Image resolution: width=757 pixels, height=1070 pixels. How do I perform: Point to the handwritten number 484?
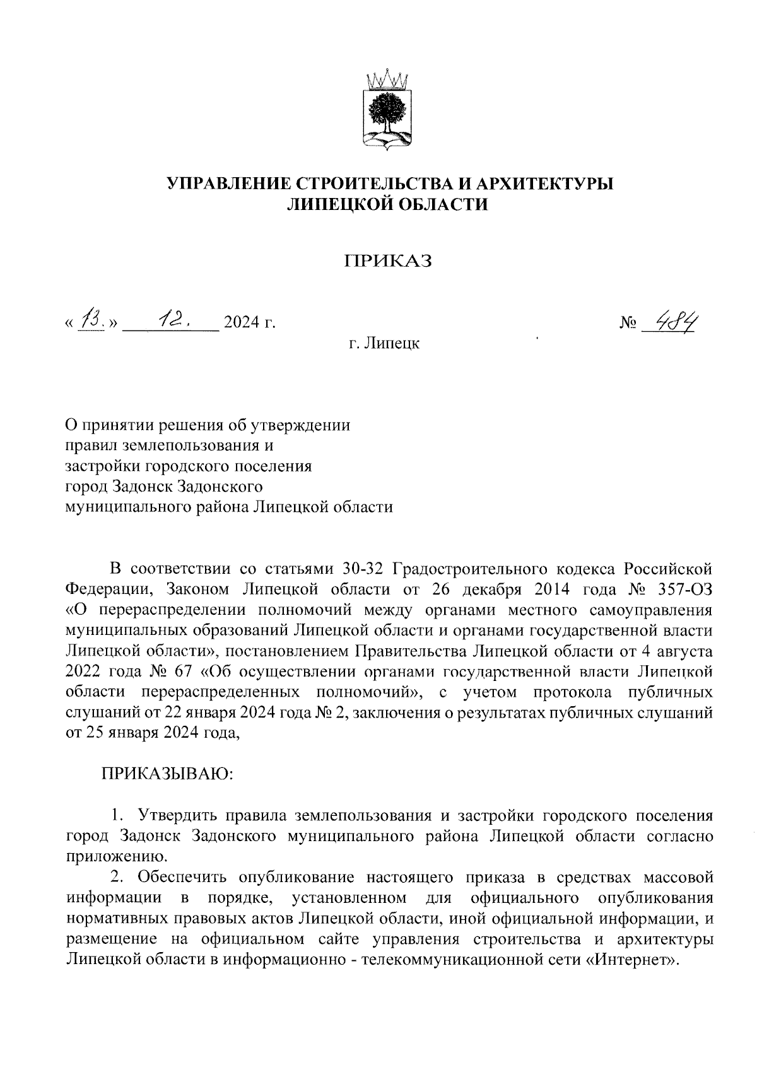679,322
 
